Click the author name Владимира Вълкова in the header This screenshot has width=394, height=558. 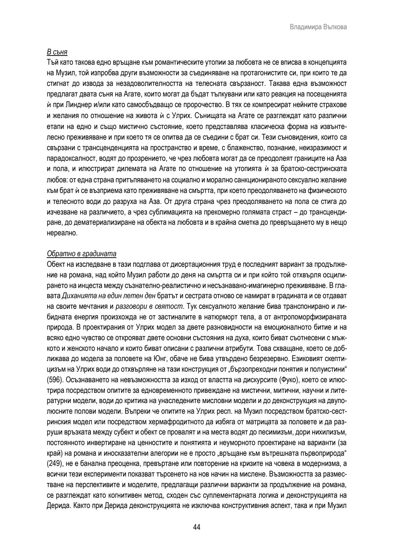coord(318,27)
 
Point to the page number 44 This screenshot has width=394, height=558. coord(197,527)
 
